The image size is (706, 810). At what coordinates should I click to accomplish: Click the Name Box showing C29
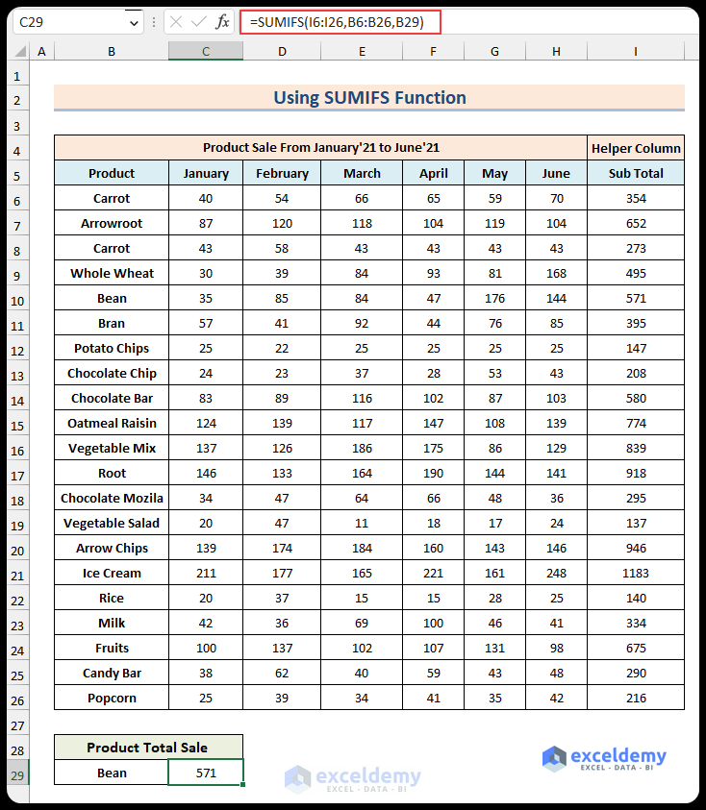pos(67,21)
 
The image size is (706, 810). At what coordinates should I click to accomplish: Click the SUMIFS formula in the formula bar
pos(336,21)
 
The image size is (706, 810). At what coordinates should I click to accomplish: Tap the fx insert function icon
pos(222,21)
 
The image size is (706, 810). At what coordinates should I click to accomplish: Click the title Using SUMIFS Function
pos(369,97)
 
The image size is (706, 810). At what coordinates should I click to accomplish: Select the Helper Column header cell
pos(636,148)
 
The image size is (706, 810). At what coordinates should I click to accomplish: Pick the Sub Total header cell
pos(636,173)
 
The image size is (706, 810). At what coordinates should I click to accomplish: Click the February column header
pos(282,173)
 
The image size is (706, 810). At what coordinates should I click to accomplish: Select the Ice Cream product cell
pos(112,573)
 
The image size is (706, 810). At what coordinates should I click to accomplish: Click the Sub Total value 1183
pos(636,573)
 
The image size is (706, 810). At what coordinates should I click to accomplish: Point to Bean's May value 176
pos(494,298)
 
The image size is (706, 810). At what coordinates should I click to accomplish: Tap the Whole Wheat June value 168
pos(556,273)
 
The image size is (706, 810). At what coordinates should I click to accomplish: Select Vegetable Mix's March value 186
pos(362,448)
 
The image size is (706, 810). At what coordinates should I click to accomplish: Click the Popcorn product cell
pos(112,698)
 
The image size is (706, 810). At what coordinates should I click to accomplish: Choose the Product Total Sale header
pos(147,747)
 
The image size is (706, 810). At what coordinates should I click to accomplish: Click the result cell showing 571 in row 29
pos(206,773)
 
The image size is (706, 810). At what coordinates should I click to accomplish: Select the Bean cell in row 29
pos(112,773)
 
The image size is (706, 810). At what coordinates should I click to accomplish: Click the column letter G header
pos(494,51)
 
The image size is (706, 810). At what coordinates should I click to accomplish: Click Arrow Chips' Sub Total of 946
pos(636,548)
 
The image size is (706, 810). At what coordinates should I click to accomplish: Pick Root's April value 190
pos(434,473)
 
